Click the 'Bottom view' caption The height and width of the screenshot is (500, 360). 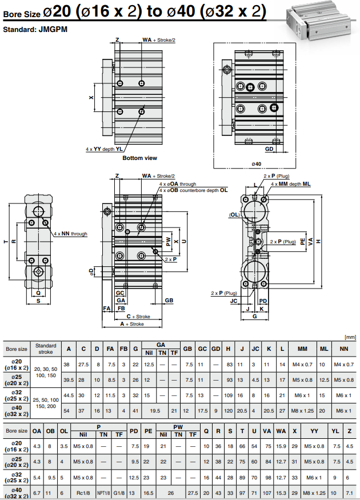[x=139, y=158]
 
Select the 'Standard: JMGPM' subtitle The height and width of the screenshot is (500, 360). [x=35, y=29]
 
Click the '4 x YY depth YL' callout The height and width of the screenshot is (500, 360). [x=104, y=149]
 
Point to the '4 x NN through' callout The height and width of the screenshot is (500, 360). [x=70, y=234]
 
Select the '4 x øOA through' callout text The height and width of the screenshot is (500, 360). [x=177, y=184]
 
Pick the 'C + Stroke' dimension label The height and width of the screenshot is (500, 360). [x=138, y=316]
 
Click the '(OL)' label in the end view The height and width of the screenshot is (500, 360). [x=234, y=215]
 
